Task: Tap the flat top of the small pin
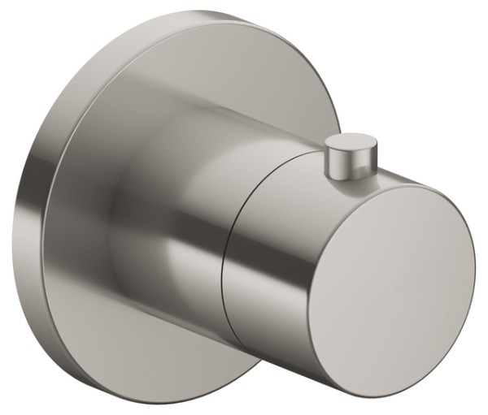pyautogui.click(x=348, y=145)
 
